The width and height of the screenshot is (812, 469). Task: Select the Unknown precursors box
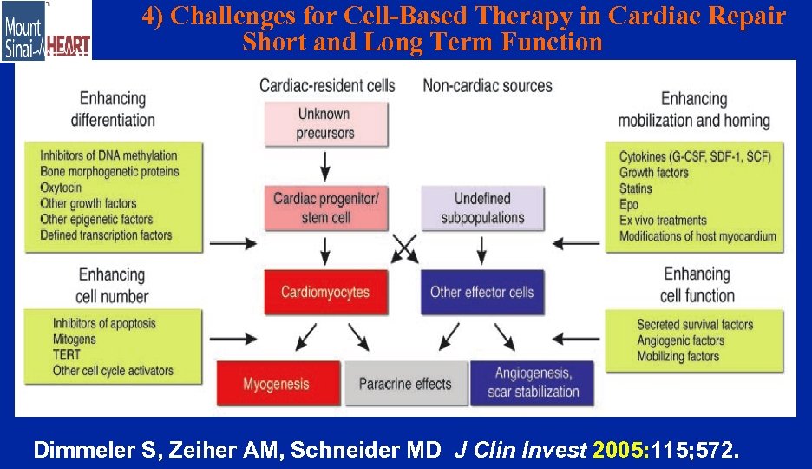tap(325, 123)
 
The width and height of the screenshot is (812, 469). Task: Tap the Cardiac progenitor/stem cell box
tap(325, 208)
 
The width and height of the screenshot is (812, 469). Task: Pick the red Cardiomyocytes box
tap(325, 292)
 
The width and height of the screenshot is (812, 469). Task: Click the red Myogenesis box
tap(277, 383)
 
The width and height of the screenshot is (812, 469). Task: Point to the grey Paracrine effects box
tap(405, 383)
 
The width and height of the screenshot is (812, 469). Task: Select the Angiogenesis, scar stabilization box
tap(533, 383)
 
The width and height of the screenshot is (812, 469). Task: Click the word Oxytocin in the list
tap(61, 188)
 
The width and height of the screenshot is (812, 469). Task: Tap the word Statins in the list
tap(636, 188)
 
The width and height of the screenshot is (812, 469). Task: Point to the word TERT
tap(66, 354)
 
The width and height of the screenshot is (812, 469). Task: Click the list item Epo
tap(629, 204)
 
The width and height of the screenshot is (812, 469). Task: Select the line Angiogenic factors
tap(680, 340)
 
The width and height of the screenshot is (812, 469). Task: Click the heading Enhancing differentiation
tap(113, 109)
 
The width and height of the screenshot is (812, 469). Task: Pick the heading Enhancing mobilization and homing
tap(693, 109)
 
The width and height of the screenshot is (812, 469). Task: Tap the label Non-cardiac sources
tap(487, 85)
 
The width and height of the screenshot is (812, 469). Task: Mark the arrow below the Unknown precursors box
tap(325, 162)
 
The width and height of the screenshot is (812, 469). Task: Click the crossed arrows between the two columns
tap(403, 248)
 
